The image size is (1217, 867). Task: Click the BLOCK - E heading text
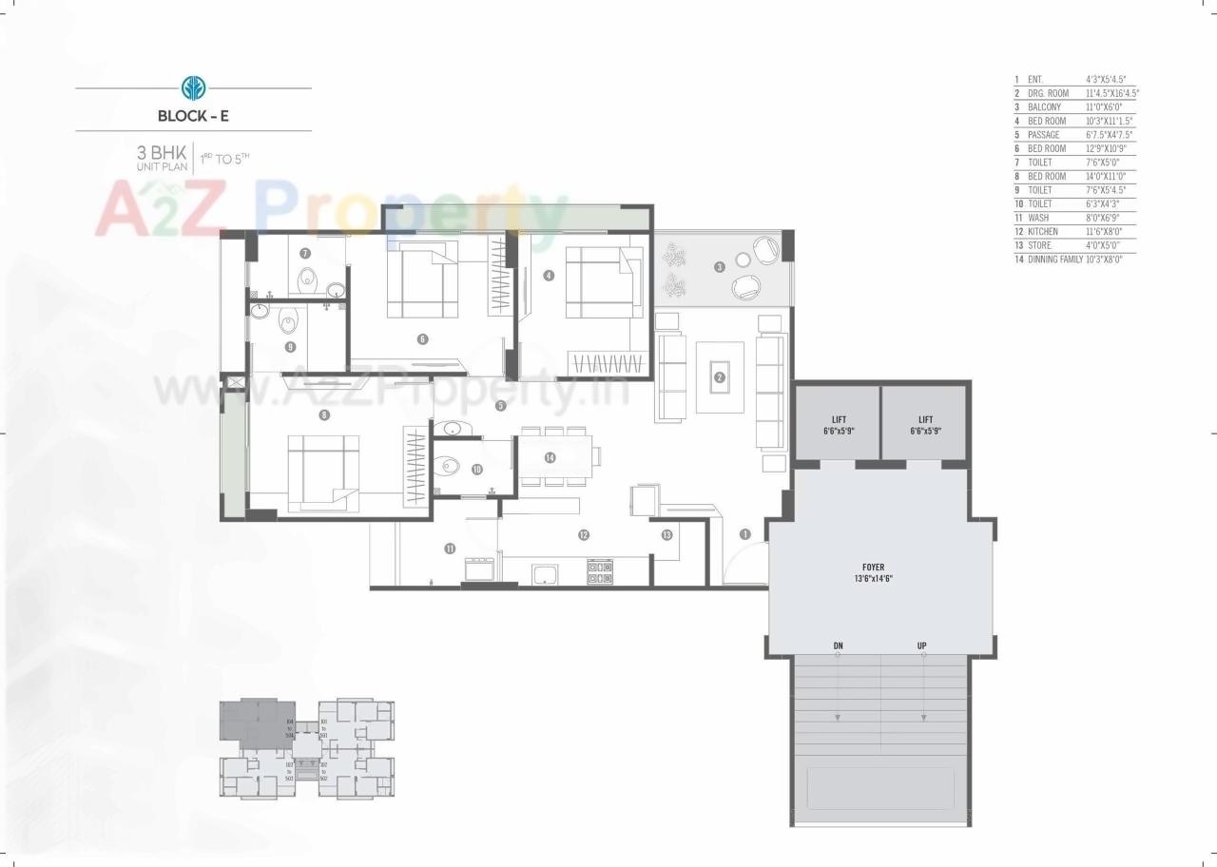pyautogui.click(x=193, y=117)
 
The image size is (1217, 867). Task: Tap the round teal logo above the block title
pyautogui.click(x=193, y=88)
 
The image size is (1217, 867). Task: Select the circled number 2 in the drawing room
pyautogui.click(x=720, y=377)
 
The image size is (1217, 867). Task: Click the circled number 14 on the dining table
pyautogui.click(x=550, y=457)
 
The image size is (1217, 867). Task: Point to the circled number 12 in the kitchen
pyautogui.click(x=583, y=535)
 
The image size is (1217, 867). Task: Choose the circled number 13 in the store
pyautogui.click(x=666, y=535)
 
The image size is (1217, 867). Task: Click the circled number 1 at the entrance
pyautogui.click(x=745, y=534)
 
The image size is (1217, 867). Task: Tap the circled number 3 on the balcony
pyautogui.click(x=720, y=266)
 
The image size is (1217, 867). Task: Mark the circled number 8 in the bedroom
pyautogui.click(x=324, y=414)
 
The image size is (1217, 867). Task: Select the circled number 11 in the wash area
pyautogui.click(x=449, y=549)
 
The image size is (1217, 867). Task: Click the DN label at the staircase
pyautogui.click(x=838, y=646)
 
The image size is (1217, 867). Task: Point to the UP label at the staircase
pyautogui.click(x=921, y=646)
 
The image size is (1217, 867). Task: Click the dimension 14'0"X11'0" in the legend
pyautogui.click(x=1105, y=176)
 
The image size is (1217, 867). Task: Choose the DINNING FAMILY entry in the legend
pyautogui.click(x=1054, y=259)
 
